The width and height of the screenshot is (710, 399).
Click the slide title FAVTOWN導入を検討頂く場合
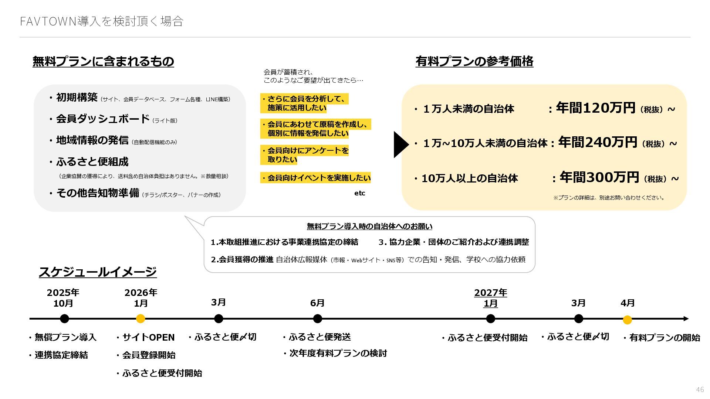point(102,21)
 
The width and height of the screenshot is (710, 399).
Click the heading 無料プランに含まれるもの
point(103,61)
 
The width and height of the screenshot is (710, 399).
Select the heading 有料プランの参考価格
point(474,61)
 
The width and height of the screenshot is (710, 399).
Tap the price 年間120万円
point(595,108)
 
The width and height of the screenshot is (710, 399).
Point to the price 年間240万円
point(598,142)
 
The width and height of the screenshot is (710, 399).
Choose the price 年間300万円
point(599,177)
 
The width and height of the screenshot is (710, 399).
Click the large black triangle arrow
point(401,144)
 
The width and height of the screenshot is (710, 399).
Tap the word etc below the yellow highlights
point(359,193)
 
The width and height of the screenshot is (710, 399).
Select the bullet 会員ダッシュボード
point(102,119)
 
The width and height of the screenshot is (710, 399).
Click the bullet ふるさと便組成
point(92,162)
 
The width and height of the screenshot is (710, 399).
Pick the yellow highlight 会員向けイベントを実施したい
point(316,178)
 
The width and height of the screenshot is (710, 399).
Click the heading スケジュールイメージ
point(98,272)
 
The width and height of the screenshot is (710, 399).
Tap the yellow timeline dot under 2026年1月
point(141,319)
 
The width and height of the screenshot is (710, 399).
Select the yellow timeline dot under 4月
point(627,320)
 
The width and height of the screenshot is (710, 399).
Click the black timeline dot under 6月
point(317,319)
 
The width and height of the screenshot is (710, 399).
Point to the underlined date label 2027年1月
point(490,298)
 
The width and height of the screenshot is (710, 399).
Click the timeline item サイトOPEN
point(148,337)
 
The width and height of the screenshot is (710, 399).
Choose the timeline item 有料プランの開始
point(665,338)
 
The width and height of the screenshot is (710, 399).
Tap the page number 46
point(700,390)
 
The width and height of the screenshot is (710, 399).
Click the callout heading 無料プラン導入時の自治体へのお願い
point(369,226)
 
